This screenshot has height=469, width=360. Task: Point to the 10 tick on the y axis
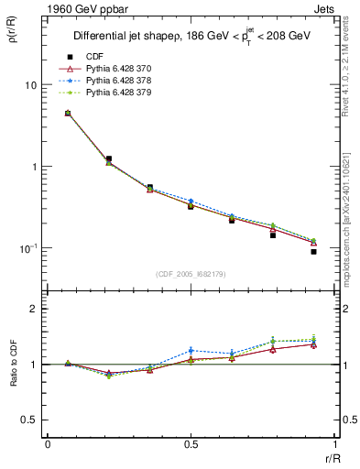(x=30, y=85)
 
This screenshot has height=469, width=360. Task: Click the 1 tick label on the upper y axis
(x=34, y=167)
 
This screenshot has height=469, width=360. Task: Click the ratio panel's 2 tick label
(x=34, y=309)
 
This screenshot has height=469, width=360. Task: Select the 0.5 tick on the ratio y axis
(x=29, y=420)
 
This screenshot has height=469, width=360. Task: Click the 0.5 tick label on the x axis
(x=191, y=443)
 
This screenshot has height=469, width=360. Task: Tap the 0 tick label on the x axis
(x=48, y=443)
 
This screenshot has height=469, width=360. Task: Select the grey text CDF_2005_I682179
(x=191, y=274)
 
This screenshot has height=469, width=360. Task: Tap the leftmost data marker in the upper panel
(x=68, y=114)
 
